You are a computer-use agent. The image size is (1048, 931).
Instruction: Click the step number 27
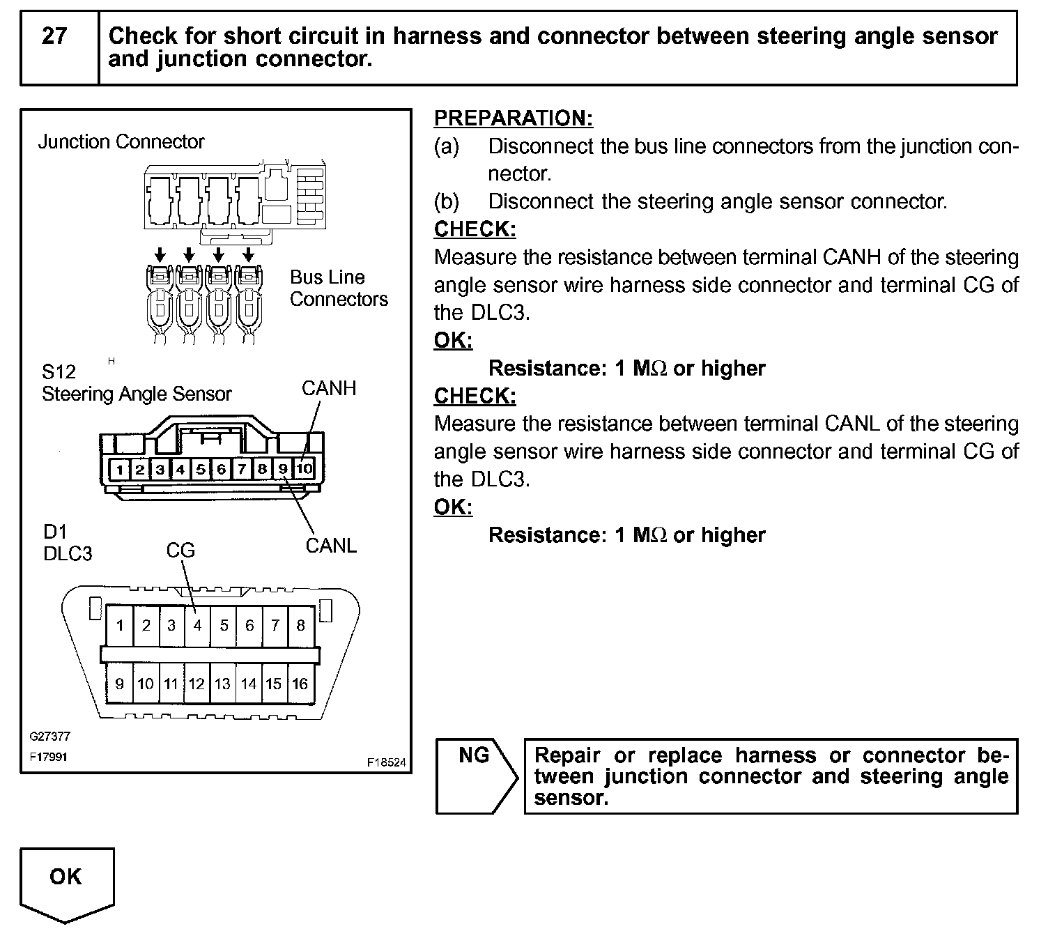(54, 36)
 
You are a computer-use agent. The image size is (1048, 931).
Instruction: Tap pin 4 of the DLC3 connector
(198, 625)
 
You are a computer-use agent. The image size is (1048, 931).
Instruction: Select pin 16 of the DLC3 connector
(300, 684)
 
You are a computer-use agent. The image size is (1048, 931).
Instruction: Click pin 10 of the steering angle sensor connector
(305, 469)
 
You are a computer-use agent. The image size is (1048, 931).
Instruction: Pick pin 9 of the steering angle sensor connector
(283, 469)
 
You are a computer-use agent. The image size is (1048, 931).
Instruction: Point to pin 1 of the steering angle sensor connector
(120, 469)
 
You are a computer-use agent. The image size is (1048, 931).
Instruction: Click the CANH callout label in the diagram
(329, 388)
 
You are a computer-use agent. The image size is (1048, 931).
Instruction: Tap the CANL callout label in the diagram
(331, 546)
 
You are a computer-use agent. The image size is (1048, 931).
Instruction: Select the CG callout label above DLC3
(180, 551)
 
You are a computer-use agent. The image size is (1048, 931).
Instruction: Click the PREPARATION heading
(514, 118)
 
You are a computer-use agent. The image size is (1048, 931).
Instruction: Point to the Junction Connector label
(121, 142)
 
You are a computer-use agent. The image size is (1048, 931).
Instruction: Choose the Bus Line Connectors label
(339, 288)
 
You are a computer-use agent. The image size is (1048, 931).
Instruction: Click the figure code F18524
(386, 762)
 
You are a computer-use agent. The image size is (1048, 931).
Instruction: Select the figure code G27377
(49, 736)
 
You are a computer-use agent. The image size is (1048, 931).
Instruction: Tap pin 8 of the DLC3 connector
(300, 625)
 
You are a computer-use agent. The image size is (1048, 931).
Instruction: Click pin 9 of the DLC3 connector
(120, 684)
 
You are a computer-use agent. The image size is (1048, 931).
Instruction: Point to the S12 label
(59, 371)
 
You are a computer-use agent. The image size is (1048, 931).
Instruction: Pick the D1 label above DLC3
(54, 532)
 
